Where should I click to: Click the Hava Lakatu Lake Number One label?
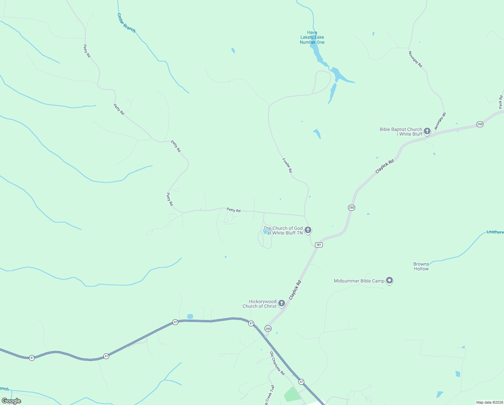[312, 37]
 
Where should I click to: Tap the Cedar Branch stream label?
[126, 23]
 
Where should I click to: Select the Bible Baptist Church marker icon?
[427, 131]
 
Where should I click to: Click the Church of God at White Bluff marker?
[308, 230]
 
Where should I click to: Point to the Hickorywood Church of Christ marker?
[282, 303]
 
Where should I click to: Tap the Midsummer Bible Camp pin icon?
[389, 280]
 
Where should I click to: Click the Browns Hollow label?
[421, 267]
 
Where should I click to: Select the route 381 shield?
[319, 245]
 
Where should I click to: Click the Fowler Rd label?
[287, 166]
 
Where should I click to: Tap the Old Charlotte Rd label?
[277, 363]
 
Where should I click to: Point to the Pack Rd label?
[501, 102]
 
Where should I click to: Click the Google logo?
[11, 401]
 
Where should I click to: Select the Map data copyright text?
[490, 402]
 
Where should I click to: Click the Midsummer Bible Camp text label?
[359, 281]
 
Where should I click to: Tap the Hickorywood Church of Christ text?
[260, 304]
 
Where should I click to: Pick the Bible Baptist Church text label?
[401, 132]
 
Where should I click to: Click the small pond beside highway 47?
[190, 316]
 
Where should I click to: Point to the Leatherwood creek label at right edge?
[495, 232]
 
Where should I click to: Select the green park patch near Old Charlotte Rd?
[292, 394]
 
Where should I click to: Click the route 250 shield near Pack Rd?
[480, 124]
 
